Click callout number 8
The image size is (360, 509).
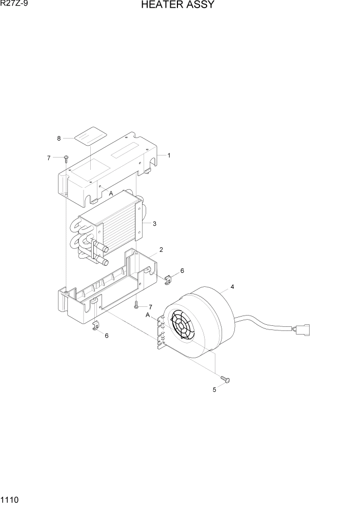(59, 138)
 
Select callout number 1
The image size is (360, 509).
(169, 155)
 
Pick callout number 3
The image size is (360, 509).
(154, 223)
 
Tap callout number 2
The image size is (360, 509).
(161, 250)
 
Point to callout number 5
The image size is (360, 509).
(214, 389)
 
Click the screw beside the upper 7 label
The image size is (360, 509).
(66, 159)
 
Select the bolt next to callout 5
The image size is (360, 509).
(225, 379)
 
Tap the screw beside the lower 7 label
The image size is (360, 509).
(136, 305)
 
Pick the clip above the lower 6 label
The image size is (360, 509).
(96, 326)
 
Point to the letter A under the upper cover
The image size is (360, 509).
(111, 193)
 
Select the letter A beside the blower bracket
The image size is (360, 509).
(148, 315)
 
